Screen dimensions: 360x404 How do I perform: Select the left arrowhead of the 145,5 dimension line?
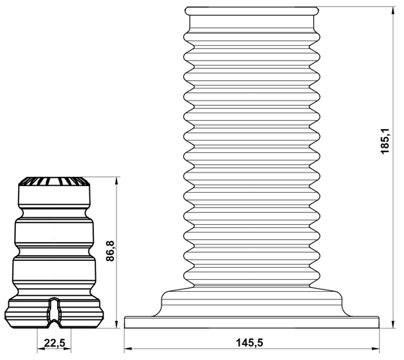(x=128, y=349)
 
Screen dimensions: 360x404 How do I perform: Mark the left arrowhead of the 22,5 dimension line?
(x=39, y=349)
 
